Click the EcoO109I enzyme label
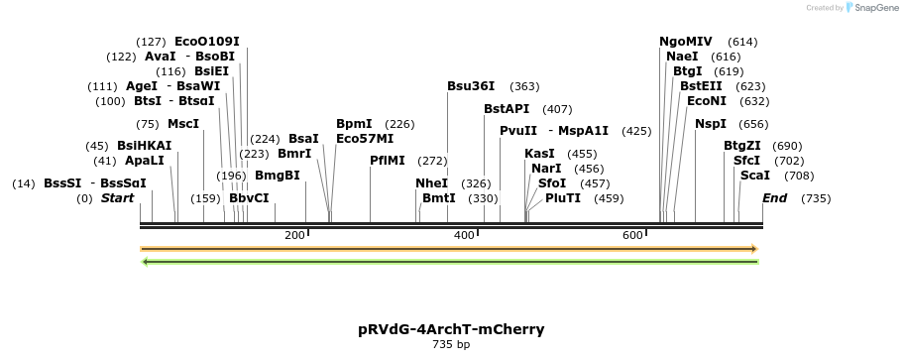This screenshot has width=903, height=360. click(207, 42)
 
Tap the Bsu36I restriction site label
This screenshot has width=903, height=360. click(471, 86)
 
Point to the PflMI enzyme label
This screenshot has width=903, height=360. click(388, 160)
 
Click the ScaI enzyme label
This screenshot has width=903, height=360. click(755, 176)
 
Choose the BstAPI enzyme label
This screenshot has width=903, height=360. click(508, 109)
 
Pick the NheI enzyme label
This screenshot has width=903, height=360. click(432, 183)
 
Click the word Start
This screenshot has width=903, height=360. click(117, 198)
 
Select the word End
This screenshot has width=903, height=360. click(774, 198)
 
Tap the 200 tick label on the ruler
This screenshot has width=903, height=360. click(294, 235)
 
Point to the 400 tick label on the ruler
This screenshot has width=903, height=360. click(464, 235)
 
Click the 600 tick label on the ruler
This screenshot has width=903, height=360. click(632, 235)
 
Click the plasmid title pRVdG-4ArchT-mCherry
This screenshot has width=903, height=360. click(451, 328)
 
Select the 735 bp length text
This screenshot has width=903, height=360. click(451, 345)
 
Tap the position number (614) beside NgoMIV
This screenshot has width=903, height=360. click(742, 42)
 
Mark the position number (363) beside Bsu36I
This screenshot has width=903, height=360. click(524, 86)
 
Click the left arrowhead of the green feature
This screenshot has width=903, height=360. click(146, 262)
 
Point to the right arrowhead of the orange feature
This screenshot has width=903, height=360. click(754, 249)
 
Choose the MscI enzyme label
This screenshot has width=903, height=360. click(183, 124)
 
